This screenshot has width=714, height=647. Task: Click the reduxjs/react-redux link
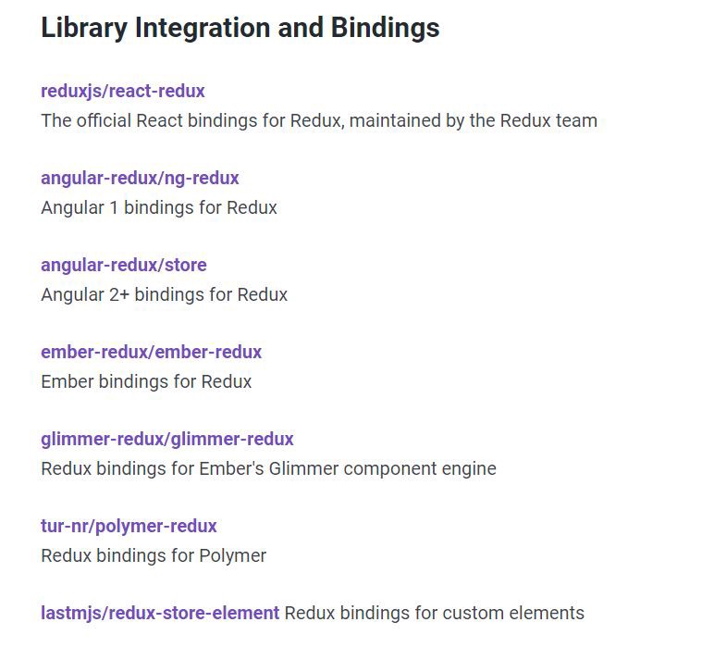pyautogui.click(x=123, y=91)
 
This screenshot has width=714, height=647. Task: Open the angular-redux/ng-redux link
pyautogui.click(x=140, y=178)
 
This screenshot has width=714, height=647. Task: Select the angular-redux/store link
pyautogui.click(x=124, y=265)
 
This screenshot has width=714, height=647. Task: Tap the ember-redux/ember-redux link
pyautogui.click(x=151, y=352)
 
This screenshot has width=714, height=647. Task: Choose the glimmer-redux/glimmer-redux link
pyautogui.click(x=167, y=439)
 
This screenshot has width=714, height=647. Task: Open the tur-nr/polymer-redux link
pyautogui.click(x=129, y=526)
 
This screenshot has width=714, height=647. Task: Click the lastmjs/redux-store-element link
pyautogui.click(x=160, y=613)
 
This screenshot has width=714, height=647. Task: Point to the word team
pyautogui.click(x=577, y=120)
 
